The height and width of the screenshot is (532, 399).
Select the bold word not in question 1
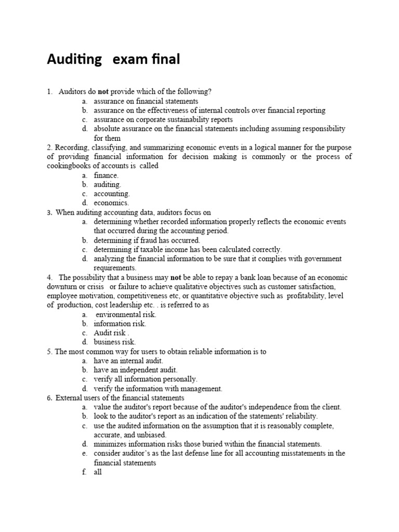(103, 91)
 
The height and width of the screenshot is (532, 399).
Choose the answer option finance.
(106, 175)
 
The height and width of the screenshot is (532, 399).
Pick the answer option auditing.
(107, 184)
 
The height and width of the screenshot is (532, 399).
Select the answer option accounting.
(112, 194)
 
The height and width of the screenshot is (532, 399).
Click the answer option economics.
(111, 203)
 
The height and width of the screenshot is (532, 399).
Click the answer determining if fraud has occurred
(147, 240)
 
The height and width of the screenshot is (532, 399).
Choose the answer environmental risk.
(126, 314)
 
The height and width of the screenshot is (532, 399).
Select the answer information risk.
(120, 324)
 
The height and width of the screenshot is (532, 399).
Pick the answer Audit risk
(111, 333)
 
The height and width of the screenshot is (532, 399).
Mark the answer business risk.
(114, 342)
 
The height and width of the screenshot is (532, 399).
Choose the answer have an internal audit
(128, 361)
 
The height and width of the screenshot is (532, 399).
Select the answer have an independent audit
(136, 370)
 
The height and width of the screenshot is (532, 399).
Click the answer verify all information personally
(145, 379)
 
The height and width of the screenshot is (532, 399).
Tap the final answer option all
(98, 472)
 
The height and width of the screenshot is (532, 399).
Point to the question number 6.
(49, 398)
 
